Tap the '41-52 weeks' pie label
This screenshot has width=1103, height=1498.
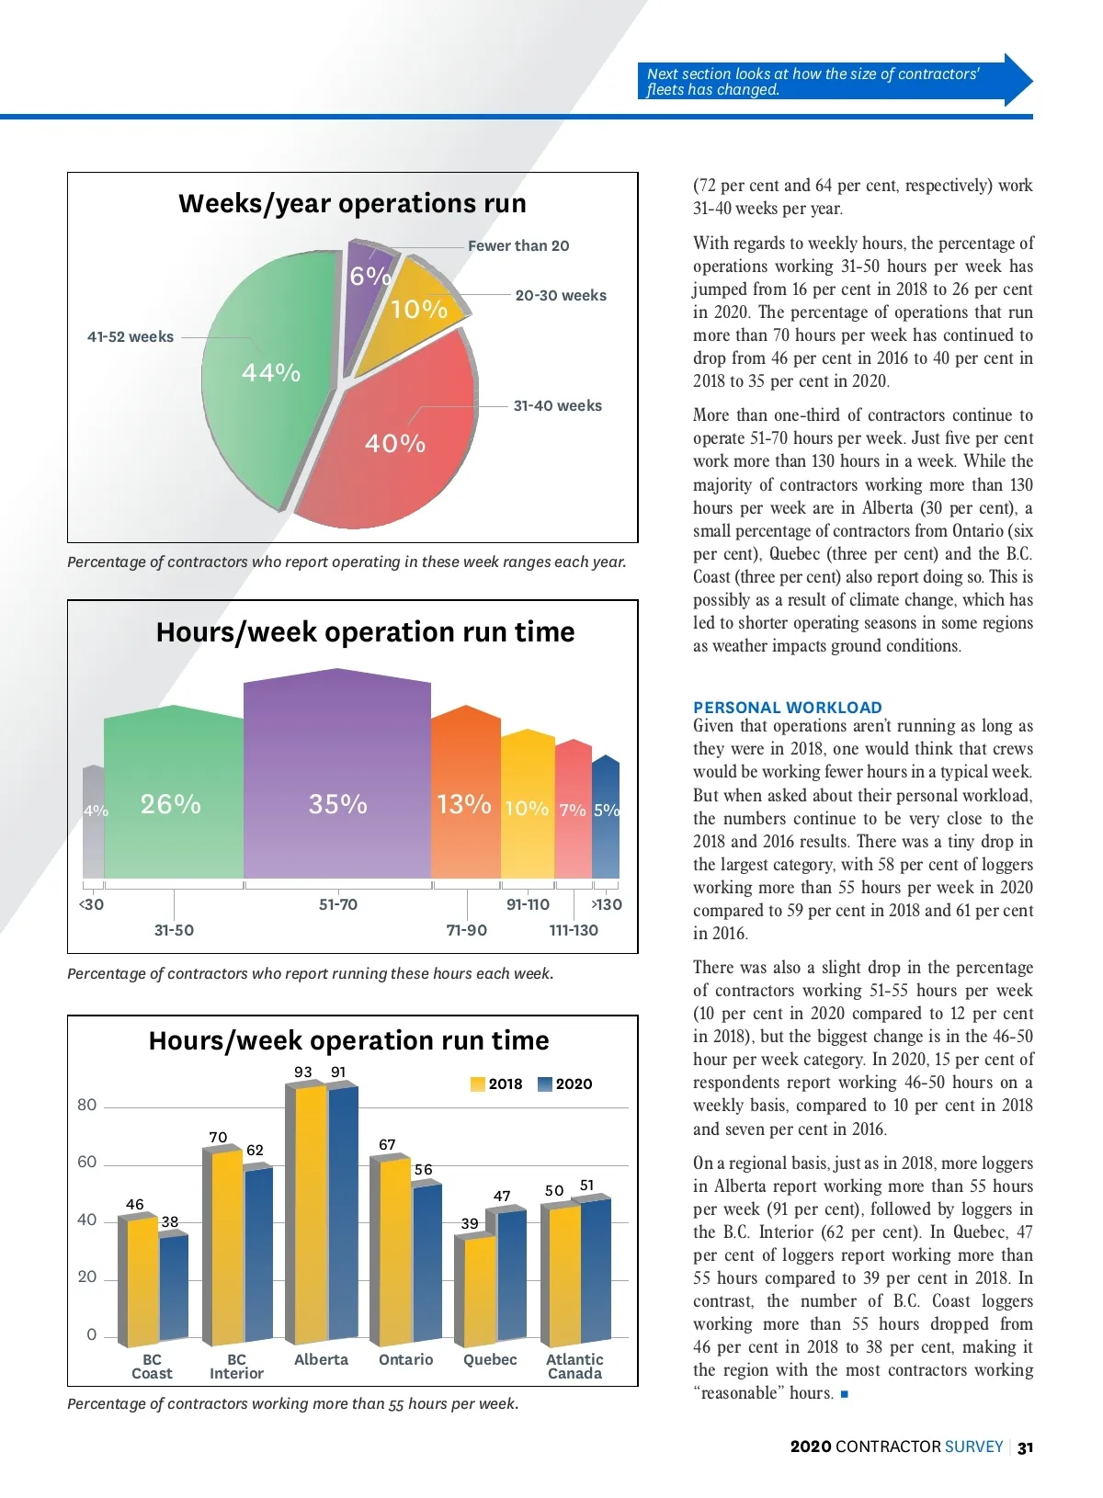[x=131, y=337]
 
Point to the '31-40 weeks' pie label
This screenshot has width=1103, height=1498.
[x=557, y=406]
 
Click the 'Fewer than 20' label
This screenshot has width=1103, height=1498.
[x=518, y=246]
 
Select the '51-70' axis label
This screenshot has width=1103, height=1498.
[x=338, y=905]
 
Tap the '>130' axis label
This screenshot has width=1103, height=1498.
[x=606, y=905]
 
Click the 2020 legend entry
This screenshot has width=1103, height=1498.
[x=565, y=1084]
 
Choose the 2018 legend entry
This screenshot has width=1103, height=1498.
[x=496, y=1084]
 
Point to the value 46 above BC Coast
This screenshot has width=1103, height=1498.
[x=135, y=1205]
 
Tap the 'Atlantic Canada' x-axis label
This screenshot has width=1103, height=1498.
[x=574, y=1367]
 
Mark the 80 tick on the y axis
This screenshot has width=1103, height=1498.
[x=87, y=1106]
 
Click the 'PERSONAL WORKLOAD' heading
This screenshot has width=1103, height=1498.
[x=788, y=708]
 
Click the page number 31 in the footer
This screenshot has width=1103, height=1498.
[x=1026, y=1447]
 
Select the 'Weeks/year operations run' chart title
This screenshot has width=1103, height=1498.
[x=353, y=204]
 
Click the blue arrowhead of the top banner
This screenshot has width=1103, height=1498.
[x=1018, y=81]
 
